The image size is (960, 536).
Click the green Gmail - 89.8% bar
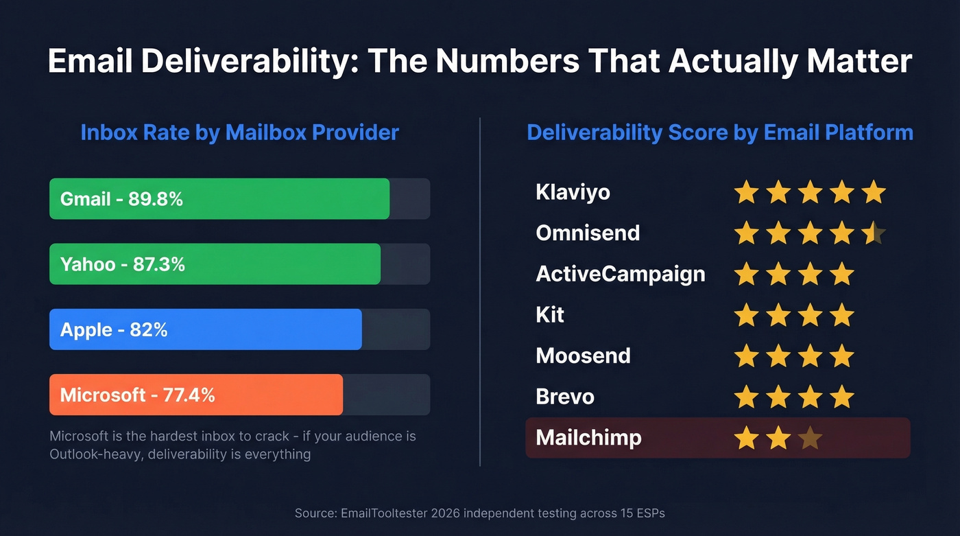(x=219, y=199)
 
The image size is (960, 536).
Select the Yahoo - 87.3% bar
(x=215, y=264)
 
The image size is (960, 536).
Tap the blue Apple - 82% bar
(x=206, y=329)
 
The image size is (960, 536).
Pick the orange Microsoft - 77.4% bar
(x=196, y=395)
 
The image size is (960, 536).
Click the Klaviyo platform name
(x=573, y=192)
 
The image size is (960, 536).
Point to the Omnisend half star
(x=874, y=233)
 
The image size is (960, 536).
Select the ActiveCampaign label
(x=620, y=274)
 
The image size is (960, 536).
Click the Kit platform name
(x=550, y=315)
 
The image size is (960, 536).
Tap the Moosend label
(x=583, y=356)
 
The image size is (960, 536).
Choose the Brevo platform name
(x=565, y=397)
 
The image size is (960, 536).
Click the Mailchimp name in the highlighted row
(x=588, y=437)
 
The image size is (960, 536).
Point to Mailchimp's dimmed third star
(x=810, y=437)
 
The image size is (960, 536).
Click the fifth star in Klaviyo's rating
(x=874, y=192)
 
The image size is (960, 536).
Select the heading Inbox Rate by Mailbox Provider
(x=239, y=132)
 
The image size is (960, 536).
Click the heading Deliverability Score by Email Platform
(x=720, y=132)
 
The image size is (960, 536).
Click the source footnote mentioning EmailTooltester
(x=479, y=513)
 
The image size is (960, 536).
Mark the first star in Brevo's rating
(x=746, y=397)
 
